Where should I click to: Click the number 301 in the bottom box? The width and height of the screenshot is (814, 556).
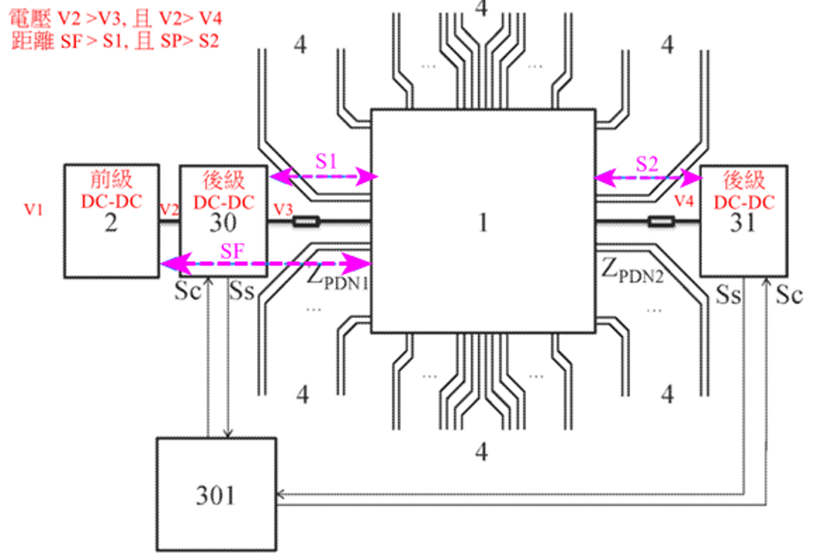215,495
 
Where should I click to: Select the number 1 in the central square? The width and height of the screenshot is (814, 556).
483,222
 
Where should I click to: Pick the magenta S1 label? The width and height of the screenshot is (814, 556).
326,162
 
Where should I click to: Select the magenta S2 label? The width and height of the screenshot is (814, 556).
646,164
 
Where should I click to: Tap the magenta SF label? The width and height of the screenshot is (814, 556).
232,251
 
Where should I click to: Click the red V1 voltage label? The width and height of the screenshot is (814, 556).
33,210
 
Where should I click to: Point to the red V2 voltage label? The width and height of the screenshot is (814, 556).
169,210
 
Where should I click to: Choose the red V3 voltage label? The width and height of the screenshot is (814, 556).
283,210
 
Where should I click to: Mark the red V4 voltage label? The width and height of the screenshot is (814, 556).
684,201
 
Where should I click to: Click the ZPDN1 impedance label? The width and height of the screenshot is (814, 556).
337,276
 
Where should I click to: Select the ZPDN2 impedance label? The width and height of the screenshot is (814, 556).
633,271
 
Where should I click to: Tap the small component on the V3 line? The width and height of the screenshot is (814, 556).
307,222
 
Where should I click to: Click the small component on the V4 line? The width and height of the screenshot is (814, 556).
661,222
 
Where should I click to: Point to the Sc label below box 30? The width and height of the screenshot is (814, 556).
187,291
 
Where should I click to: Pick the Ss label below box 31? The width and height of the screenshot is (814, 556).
729,294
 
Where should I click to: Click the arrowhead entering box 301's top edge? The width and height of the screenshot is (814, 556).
228,433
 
